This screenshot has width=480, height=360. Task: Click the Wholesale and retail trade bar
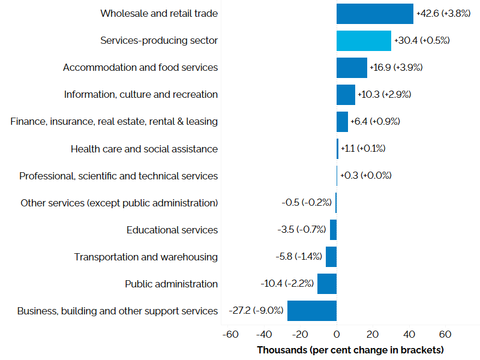(374, 14)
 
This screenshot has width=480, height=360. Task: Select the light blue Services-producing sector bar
(364, 41)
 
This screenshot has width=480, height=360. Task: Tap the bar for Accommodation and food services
(352, 68)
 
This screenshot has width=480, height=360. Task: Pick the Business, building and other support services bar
(311, 311)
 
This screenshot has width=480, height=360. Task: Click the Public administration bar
(327, 284)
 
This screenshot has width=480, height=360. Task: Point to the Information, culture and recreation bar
(346, 95)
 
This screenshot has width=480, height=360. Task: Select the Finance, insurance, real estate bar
(342, 122)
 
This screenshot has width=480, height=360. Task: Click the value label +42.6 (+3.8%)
(443, 14)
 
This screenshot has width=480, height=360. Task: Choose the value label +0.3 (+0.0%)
(365, 176)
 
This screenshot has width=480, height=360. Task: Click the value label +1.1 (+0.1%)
(363, 149)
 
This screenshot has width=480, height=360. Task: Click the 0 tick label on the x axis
(337, 334)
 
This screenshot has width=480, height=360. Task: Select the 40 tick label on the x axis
(409, 334)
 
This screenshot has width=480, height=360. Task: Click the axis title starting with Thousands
(350, 349)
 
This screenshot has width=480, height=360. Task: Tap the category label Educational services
(172, 230)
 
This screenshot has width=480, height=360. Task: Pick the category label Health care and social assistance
(144, 149)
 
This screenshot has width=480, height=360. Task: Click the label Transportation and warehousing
(146, 257)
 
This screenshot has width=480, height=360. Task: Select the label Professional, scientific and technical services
(118, 176)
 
